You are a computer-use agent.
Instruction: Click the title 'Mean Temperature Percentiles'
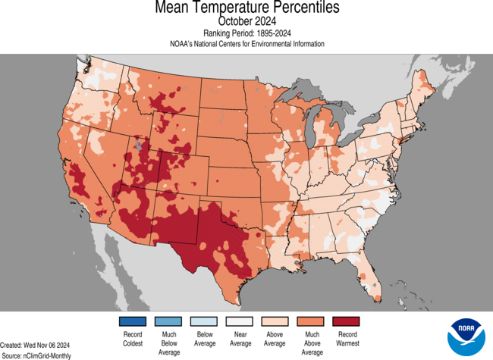[x=246, y=8]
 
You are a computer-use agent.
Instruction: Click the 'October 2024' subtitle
[x=246, y=21]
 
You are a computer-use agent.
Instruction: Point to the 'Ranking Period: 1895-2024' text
[x=246, y=33]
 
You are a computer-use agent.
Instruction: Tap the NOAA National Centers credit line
[x=246, y=44]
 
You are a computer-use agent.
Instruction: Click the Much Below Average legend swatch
[x=169, y=321]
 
